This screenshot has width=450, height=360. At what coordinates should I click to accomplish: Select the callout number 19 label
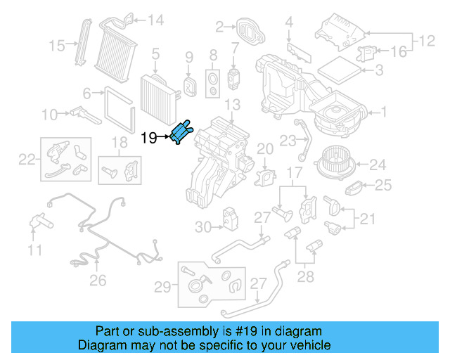pyautogui.click(x=149, y=138)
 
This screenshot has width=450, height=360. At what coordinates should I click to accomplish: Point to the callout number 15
pyautogui.click(x=56, y=46)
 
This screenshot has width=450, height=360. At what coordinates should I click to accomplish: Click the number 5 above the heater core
pyautogui.click(x=155, y=53)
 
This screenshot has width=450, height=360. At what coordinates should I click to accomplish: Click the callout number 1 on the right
pyautogui.click(x=383, y=111)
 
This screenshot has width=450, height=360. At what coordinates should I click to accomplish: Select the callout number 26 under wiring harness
pyautogui.click(x=97, y=281)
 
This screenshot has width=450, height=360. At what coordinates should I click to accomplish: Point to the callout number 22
pyautogui.click(x=27, y=160)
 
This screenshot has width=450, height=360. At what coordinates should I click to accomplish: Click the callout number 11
pyautogui.click(x=34, y=250)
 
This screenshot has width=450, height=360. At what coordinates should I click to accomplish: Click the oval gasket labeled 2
pyautogui.click(x=250, y=30)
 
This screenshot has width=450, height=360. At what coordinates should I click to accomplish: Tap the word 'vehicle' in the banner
pyautogui.click(x=310, y=345)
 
